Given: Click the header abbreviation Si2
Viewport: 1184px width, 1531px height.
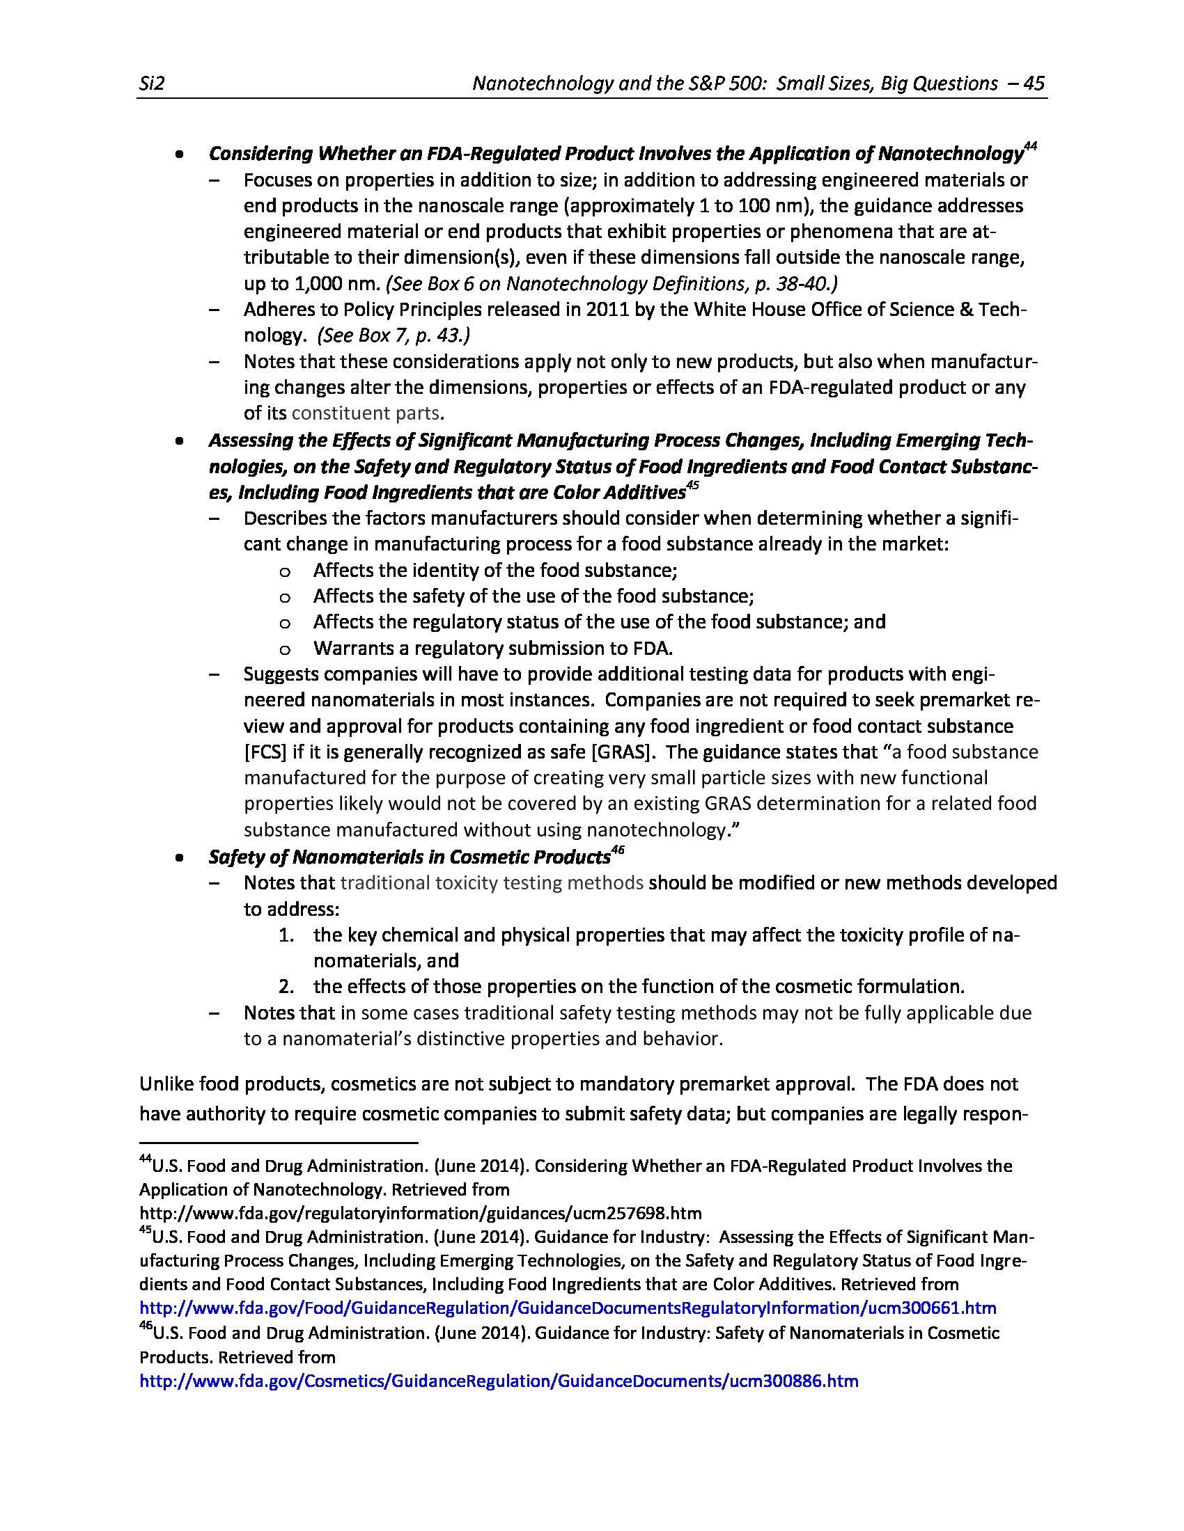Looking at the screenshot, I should [x=152, y=84].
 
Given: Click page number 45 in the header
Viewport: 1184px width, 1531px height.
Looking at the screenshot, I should [x=1034, y=84].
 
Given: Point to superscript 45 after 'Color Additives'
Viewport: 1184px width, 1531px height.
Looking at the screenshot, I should [x=692, y=485].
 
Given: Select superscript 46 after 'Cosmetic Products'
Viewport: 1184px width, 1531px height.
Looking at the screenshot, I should [x=617, y=850].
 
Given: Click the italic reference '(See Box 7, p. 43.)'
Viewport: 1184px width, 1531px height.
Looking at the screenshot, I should [x=394, y=335].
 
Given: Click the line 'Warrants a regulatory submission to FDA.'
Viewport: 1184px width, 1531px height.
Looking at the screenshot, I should [x=493, y=649].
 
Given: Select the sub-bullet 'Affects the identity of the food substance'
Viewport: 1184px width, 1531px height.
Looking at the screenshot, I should [x=495, y=571].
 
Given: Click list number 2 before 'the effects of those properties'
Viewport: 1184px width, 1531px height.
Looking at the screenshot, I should [x=286, y=987].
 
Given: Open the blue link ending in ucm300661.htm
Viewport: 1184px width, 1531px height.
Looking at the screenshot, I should [x=568, y=1308].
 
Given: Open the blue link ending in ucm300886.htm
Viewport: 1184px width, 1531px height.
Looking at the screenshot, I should [x=499, y=1381].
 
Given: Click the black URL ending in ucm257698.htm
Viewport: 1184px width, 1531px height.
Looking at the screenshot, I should [x=420, y=1214].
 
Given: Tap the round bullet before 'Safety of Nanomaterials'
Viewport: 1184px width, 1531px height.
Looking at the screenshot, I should [x=180, y=857].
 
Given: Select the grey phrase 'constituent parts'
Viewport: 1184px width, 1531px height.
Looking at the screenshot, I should [x=366, y=413].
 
